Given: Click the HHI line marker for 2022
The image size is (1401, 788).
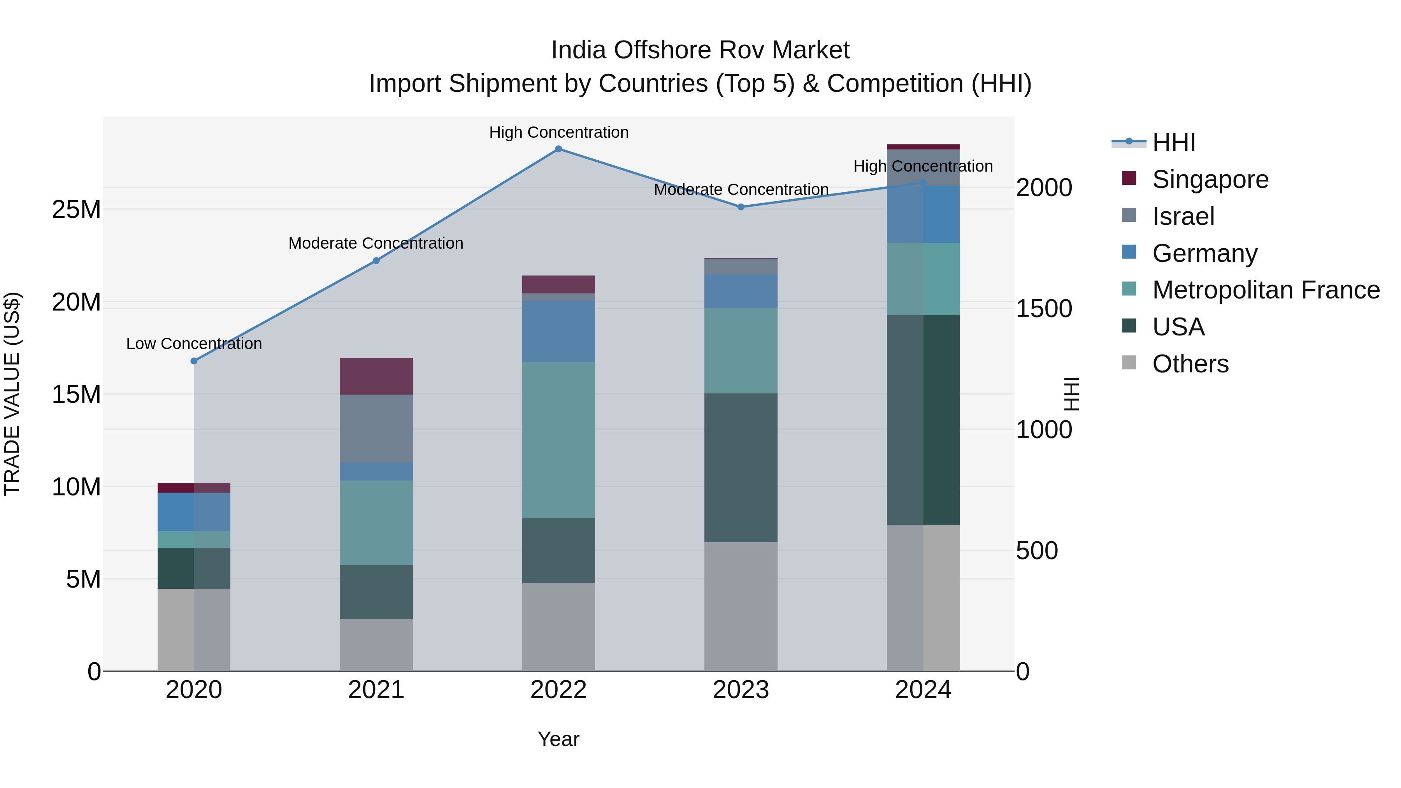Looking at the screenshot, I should click(x=558, y=149).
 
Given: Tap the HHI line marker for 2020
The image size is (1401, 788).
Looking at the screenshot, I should click(x=194, y=361).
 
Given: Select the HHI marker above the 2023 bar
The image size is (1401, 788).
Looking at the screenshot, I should click(x=741, y=207).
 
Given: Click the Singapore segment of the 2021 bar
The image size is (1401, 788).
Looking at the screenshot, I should click(x=376, y=376).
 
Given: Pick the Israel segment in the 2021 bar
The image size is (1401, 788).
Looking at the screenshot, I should click(x=376, y=428).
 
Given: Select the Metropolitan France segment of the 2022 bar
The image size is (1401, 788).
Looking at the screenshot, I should click(x=558, y=440).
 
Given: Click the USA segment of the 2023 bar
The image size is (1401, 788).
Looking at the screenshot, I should click(x=741, y=468).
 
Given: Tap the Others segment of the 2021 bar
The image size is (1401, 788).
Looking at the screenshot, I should click(x=376, y=644).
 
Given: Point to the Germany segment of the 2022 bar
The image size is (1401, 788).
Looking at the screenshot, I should click(x=558, y=331).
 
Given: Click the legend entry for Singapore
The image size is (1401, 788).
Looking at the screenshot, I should click(x=1210, y=179).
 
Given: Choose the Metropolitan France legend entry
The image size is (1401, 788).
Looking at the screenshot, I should click(x=1265, y=290).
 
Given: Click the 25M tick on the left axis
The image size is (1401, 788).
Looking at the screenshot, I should click(x=76, y=209).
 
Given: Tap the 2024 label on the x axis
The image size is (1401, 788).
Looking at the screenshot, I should click(x=923, y=690).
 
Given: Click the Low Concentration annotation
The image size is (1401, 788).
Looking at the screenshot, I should click(x=194, y=344).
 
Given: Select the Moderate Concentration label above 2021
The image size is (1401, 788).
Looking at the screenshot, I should click(x=376, y=243).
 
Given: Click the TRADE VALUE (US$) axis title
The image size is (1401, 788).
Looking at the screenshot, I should click(x=12, y=394).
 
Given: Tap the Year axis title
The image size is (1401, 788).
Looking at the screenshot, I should click(x=558, y=739).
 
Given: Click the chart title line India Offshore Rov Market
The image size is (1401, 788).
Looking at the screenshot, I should click(x=700, y=50).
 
